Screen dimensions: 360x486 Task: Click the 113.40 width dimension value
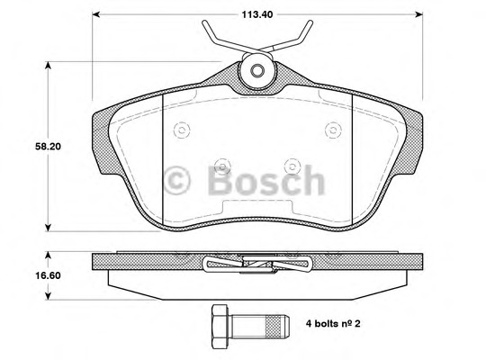(256, 13)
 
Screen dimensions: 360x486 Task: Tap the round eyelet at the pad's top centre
(256, 72)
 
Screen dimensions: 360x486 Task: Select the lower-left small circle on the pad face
(220, 165)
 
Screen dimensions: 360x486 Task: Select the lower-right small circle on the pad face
(292, 165)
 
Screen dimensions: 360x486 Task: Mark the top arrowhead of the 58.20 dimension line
(47, 64)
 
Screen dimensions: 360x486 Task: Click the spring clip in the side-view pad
(256, 263)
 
